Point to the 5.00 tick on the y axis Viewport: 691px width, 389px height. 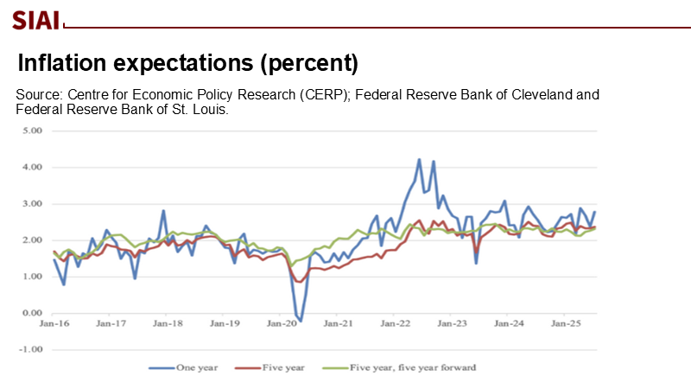(x=32, y=131)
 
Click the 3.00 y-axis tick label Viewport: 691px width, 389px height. (x=32, y=204)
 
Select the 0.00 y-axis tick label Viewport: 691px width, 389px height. (x=32, y=313)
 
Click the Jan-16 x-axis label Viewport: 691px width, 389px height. (x=54, y=324)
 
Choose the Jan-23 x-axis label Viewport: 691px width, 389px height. (x=451, y=324)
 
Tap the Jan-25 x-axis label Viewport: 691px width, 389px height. (x=564, y=324)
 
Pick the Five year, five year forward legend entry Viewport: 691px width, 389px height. (x=403, y=367)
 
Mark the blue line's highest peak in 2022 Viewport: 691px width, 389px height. (x=419, y=160)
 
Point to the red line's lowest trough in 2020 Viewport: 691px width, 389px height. (x=299, y=282)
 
